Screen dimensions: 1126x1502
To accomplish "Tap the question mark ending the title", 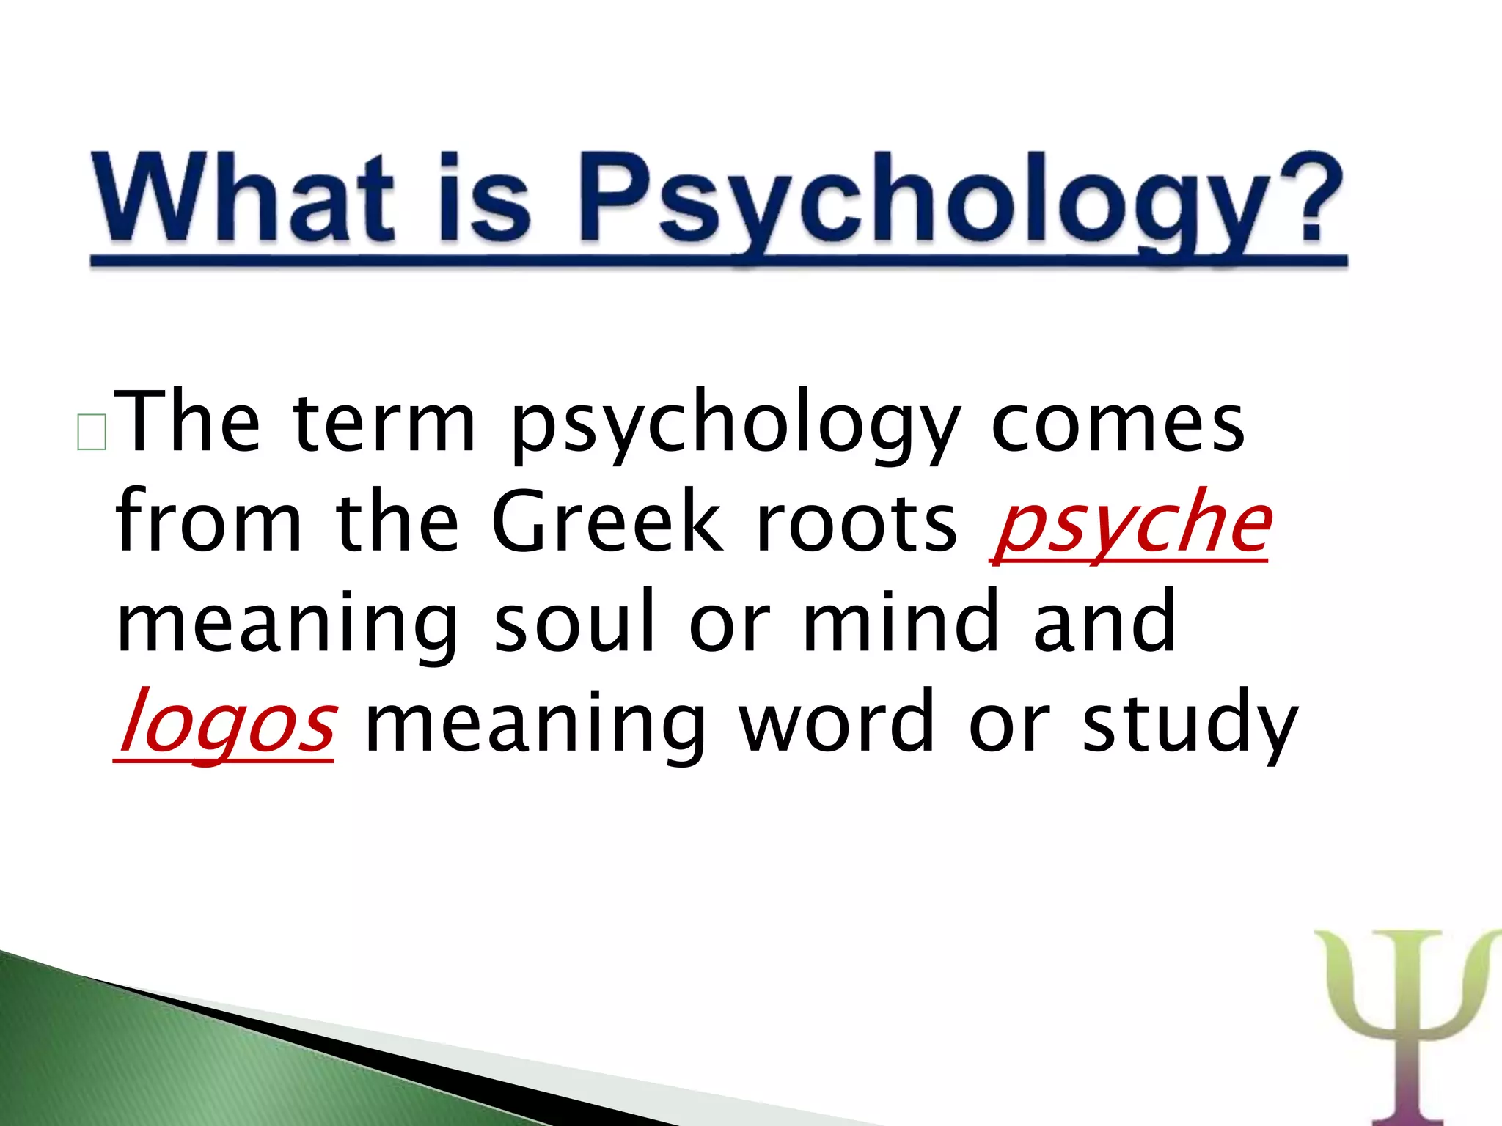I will pyautogui.click(x=1309, y=196).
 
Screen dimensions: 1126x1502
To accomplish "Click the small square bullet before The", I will pyautogui.click(x=92, y=432).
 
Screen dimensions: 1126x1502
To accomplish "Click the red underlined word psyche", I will pyautogui.click(x=1129, y=525).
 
